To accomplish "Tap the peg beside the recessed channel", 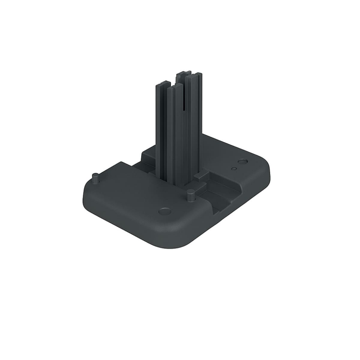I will tap(191, 195).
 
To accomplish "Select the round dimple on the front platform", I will tap(165, 211).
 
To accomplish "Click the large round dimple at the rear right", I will tap(243, 161).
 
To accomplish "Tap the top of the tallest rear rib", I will tap(184, 73).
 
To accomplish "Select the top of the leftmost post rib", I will tap(163, 84).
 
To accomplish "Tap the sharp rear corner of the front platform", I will tap(121, 163).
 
